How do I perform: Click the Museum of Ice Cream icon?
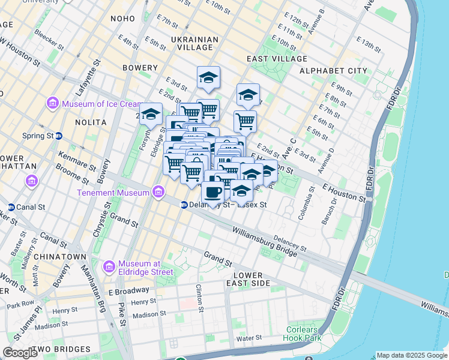[52, 104]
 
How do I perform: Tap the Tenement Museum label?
[112, 193]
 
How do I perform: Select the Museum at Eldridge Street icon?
[109, 266]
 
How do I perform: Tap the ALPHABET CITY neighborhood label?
[333, 71]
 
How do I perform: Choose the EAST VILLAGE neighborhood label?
[277, 59]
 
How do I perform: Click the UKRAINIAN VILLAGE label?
[194, 44]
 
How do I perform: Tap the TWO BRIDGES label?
[63, 349]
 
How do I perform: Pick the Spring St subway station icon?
[58, 136]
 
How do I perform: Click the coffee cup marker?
[213, 192]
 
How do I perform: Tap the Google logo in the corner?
[20, 353]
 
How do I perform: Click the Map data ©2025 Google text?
[411, 355]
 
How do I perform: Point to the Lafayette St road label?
[96, 71]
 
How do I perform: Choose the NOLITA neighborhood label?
[91, 122]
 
